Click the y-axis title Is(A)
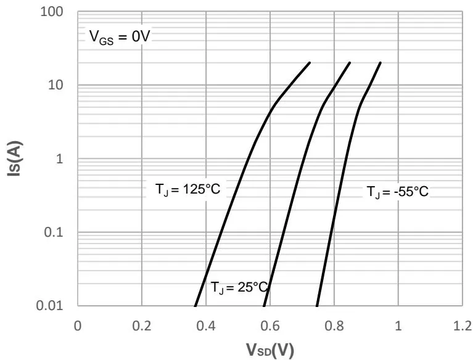[x=14, y=159]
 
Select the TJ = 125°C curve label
[x=187, y=189]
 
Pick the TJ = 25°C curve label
[x=240, y=287]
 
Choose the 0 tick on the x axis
[x=78, y=325]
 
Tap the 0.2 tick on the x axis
[x=142, y=325]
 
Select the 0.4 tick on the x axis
[x=206, y=325]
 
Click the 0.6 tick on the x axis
[x=270, y=325]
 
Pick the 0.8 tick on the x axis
[x=334, y=325]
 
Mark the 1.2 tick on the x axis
[x=462, y=325]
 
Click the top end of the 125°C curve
[x=310, y=62]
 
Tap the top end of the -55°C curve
[x=380, y=62]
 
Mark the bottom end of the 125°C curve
[x=195, y=306]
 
